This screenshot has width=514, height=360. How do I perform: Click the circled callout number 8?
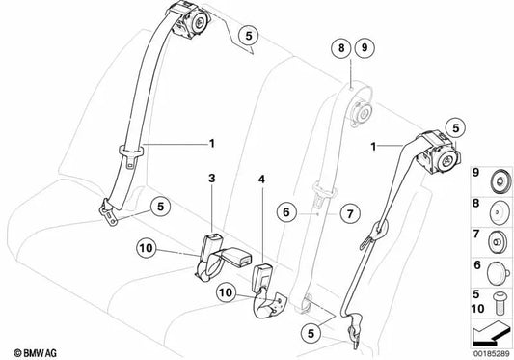pyautogui.click(x=341, y=48)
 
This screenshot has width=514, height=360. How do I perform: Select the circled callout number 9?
pyautogui.click(x=365, y=48)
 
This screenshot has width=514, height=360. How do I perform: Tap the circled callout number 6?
pyautogui.click(x=285, y=212)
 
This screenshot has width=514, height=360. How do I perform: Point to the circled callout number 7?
pyautogui.click(x=350, y=214)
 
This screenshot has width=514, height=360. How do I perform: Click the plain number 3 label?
pyautogui.click(x=212, y=179)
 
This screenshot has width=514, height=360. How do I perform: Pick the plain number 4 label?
pyautogui.click(x=261, y=180)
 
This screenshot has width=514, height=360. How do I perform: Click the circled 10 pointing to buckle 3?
pyautogui.click(x=147, y=248)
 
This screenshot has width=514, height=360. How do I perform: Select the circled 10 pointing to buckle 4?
pyautogui.click(x=226, y=292)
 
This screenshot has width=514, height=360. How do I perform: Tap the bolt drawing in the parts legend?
pyautogui.click(x=499, y=304)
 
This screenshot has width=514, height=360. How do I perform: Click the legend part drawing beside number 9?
pyautogui.click(x=500, y=181)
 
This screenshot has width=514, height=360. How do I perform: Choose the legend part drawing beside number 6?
pyautogui.click(x=499, y=273)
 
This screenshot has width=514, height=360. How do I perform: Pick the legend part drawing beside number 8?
pyautogui.click(x=500, y=211)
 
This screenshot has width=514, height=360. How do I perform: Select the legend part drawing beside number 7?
pyautogui.click(x=499, y=242)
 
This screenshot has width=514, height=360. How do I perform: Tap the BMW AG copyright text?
pyautogui.click(x=35, y=353)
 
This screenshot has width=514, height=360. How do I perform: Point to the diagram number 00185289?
pyautogui.click(x=492, y=354)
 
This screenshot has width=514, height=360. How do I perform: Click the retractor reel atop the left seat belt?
pyautogui.click(x=192, y=21)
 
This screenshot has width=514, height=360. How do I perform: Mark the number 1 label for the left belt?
pyautogui.click(x=212, y=144)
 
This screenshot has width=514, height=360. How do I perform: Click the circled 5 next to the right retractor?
pyautogui.click(x=456, y=128)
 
